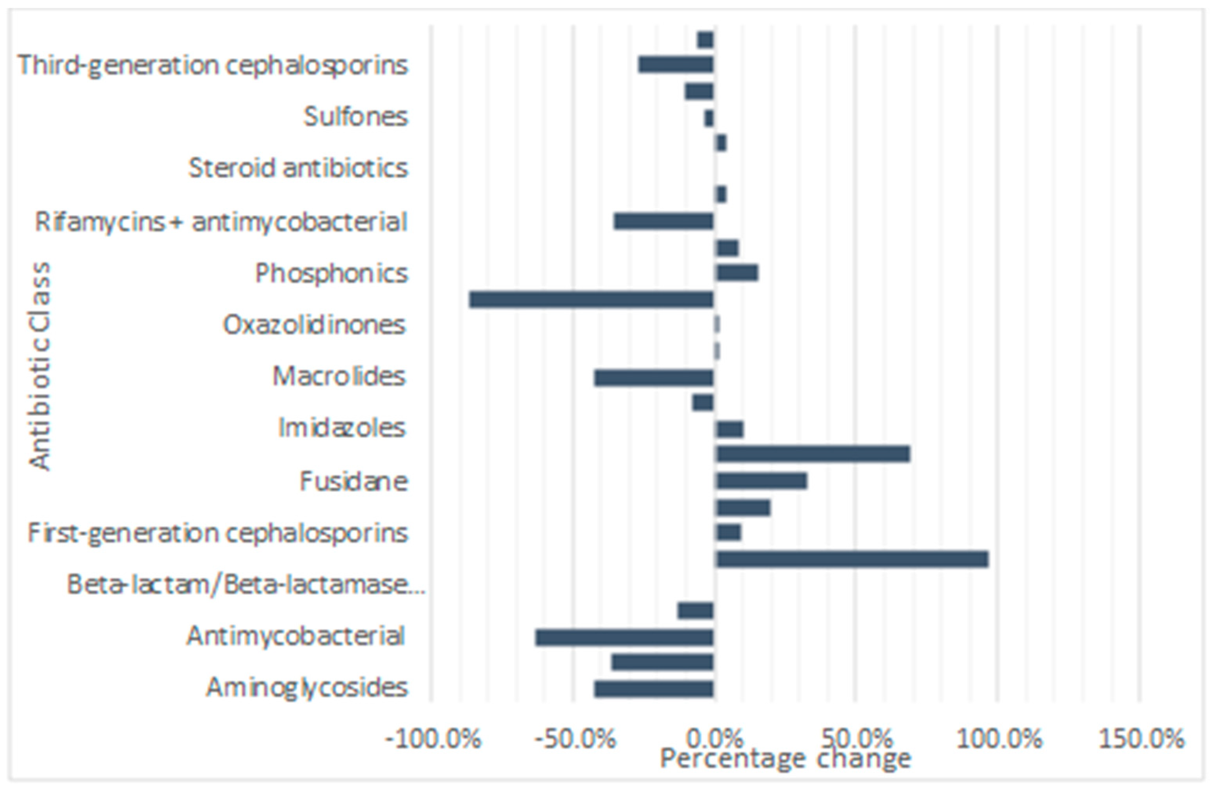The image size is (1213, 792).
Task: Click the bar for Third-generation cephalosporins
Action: pyautogui.click(x=676, y=65)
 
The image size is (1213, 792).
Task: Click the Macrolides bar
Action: pyautogui.click(x=654, y=378)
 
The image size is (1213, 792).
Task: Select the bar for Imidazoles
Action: pyautogui.click(x=730, y=429)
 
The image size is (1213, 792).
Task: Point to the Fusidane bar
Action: pyautogui.click(x=762, y=481)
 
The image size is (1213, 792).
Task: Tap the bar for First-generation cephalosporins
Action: pyautogui.click(x=729, y=533)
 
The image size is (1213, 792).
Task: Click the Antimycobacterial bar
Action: pyautogui.click(x=624, y=638)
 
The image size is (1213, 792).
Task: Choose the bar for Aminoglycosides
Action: pyautogui.click(x=654, y=689)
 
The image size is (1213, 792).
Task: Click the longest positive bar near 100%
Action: pyautogui.click(x=852, y=559)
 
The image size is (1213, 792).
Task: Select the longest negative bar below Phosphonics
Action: pyautogui.click(x=591, y=300)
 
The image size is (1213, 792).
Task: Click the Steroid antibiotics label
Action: pyautogui.click(x=298, y=168)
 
